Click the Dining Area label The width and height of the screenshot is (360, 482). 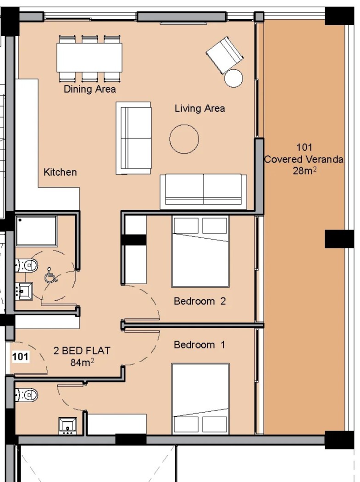[x=90, y=89]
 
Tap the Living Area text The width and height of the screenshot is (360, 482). [x=199, y=108]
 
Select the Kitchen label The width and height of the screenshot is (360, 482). [x=60, y=172]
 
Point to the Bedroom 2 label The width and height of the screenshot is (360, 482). [x=199, y=301]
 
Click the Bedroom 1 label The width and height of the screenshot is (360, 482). [x=199, y=345]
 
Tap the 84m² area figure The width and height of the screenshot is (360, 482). [x=82, y=362]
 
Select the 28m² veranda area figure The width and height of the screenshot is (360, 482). [x=305, y=170]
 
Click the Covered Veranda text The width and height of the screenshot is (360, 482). [x=304, y=159]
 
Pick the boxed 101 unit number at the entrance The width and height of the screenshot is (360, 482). [x=20, y=357]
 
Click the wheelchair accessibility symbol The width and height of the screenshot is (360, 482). [x=51, y=275]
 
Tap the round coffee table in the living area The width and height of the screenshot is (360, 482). [x=184, y=139]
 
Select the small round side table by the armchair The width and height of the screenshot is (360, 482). [x=233, y=78]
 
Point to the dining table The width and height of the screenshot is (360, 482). [x=89, y=57]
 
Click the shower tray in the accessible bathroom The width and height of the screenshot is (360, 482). [x=36, y=231]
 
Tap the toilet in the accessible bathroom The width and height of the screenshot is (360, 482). [x=27, y=265]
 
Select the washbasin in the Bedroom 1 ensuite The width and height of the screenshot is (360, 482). [x=67, y=426]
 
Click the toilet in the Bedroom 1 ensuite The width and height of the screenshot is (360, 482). [x=27, y=394]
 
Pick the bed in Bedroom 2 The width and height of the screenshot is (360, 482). [x=200, y=252]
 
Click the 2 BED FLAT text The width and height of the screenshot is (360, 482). [x=82, y=351]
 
